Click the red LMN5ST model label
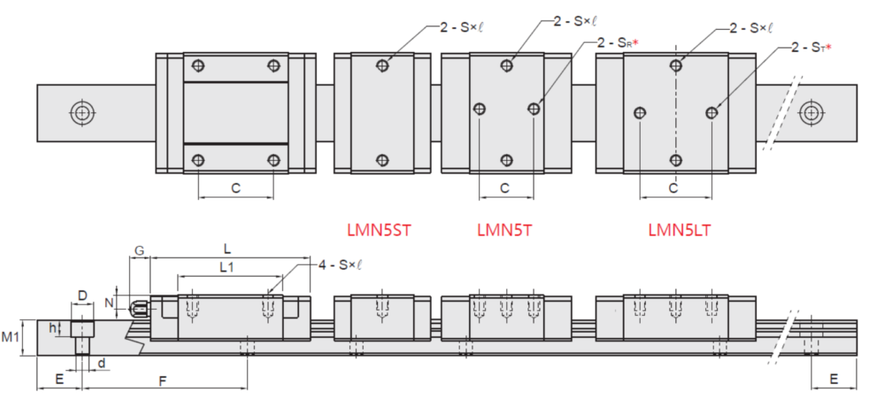click(x=379, y=230)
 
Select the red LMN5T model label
click(x=504, y=230)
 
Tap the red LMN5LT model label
click(x=679, y=230)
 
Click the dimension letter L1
click(x=226, y=267)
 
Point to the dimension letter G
click(x=140, y=251)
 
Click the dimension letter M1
click(x=10, y=337)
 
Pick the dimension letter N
click(x=110, y=303)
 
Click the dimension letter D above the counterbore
click(x=82, y=295)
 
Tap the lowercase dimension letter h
click(x=53, y=328)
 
